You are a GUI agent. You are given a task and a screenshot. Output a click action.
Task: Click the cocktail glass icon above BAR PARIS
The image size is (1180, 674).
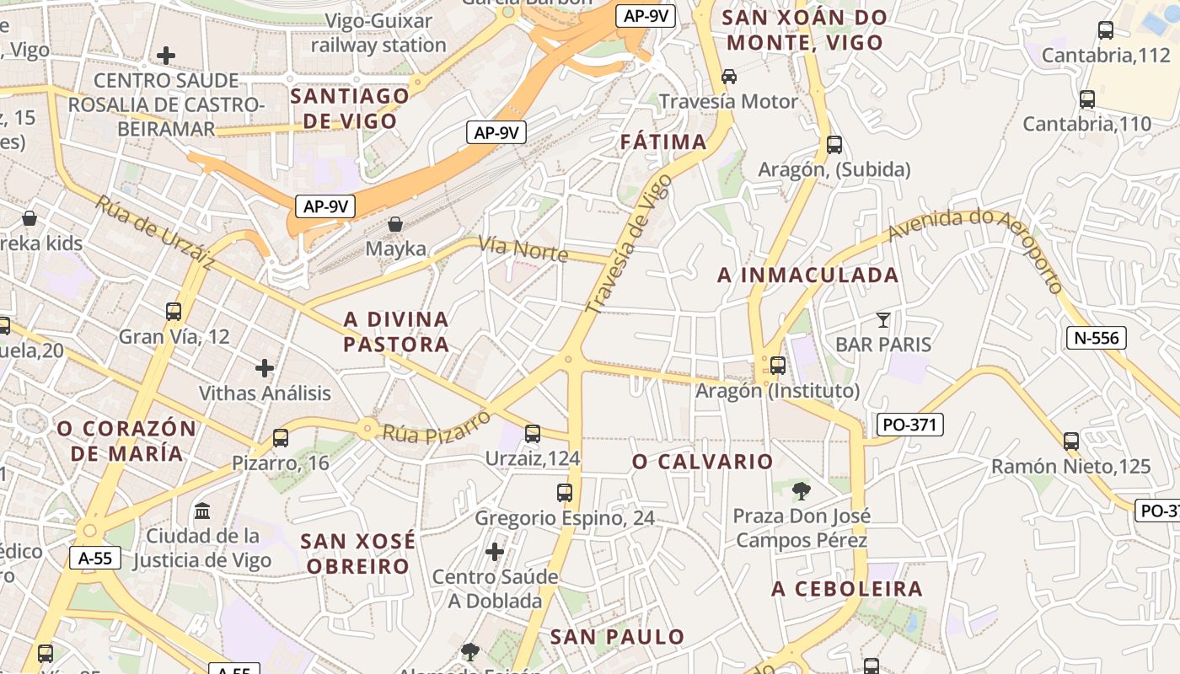point(882,319)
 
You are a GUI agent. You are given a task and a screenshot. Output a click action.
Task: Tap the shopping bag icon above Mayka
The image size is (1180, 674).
point(394,224)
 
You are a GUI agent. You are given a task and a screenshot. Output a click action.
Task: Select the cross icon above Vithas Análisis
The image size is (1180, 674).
point(265,368)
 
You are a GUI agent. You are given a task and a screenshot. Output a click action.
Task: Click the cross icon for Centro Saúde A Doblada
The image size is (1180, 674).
point(495,552)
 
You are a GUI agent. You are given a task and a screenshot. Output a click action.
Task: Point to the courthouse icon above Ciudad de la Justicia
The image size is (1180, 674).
point(202,511)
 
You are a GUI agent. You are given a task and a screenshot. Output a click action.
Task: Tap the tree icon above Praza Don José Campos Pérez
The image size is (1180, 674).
point(801,490)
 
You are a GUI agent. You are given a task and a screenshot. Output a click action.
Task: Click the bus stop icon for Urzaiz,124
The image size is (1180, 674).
point(533,434)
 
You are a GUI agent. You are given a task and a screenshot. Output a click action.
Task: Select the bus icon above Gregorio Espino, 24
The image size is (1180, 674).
point(565,493)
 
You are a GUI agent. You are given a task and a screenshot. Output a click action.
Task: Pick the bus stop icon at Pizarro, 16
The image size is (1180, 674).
point(281,438)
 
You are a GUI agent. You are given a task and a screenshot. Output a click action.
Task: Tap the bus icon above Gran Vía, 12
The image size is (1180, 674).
point(174,312)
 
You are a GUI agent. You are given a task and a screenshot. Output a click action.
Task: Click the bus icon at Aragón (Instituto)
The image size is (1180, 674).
point(777,366)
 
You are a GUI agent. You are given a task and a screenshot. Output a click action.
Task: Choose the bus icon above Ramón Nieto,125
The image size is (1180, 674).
point(1071,441)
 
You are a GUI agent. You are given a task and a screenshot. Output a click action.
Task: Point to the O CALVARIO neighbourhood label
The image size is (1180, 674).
point(702,462)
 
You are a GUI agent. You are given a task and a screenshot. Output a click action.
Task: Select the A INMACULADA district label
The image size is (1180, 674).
point(807,275)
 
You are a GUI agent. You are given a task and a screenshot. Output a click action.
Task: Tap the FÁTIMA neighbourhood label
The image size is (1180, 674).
point(663,142)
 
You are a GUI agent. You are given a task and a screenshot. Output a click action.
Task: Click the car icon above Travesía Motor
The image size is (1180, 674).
point(729,77)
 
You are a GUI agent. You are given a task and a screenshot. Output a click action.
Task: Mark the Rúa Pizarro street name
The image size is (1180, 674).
point(437,426)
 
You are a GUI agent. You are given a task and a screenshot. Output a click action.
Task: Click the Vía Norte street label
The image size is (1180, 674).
point(523,249)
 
